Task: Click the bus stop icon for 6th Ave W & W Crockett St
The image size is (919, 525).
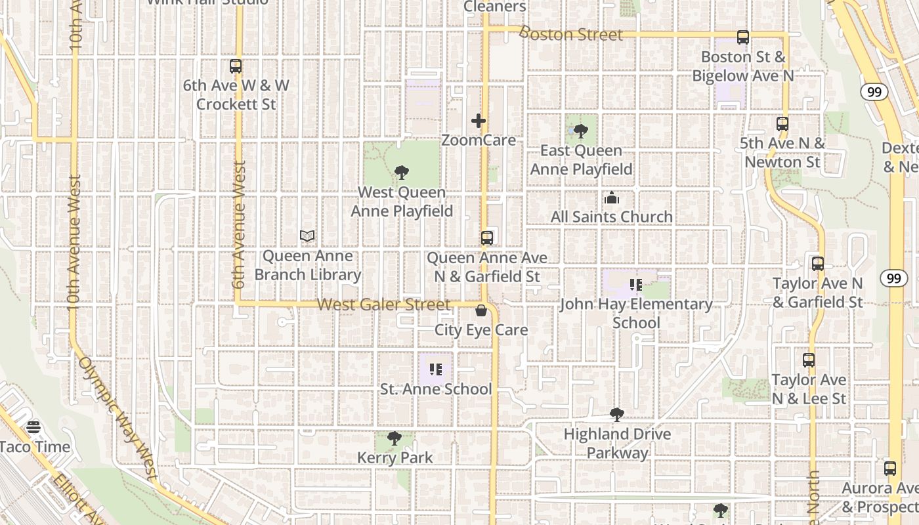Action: tap(236, 66)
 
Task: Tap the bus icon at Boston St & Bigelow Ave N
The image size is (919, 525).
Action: tap(742, 37)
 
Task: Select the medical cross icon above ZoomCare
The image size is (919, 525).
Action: tap(479, 121)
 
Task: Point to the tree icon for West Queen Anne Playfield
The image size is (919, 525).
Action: tap(402, 173)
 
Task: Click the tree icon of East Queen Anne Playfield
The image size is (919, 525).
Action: tap(581, 131)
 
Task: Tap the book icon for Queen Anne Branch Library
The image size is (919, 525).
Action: tap(307, 236)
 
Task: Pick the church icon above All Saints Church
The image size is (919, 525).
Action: tap(612, 198)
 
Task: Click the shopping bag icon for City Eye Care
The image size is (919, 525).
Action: tap(481, 310)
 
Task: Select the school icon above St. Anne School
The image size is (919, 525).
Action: tap(436, 370)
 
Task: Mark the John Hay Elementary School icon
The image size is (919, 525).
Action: tap(635, 285)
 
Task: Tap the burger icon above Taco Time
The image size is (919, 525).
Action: tap(33, 428)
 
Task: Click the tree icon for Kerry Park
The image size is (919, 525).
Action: tap(395, 438)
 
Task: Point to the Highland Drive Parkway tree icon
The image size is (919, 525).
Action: tap(616, 415)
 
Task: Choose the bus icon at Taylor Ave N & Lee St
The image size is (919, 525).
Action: tap(809, 360)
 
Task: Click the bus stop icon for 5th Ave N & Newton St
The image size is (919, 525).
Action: tap(782, 123)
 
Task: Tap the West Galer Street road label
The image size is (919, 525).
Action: tap(384, 304)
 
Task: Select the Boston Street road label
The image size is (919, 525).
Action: tap(570, 33)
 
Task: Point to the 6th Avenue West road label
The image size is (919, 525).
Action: tap(239, 224)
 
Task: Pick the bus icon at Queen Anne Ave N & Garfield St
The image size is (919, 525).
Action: tap(486, 238)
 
